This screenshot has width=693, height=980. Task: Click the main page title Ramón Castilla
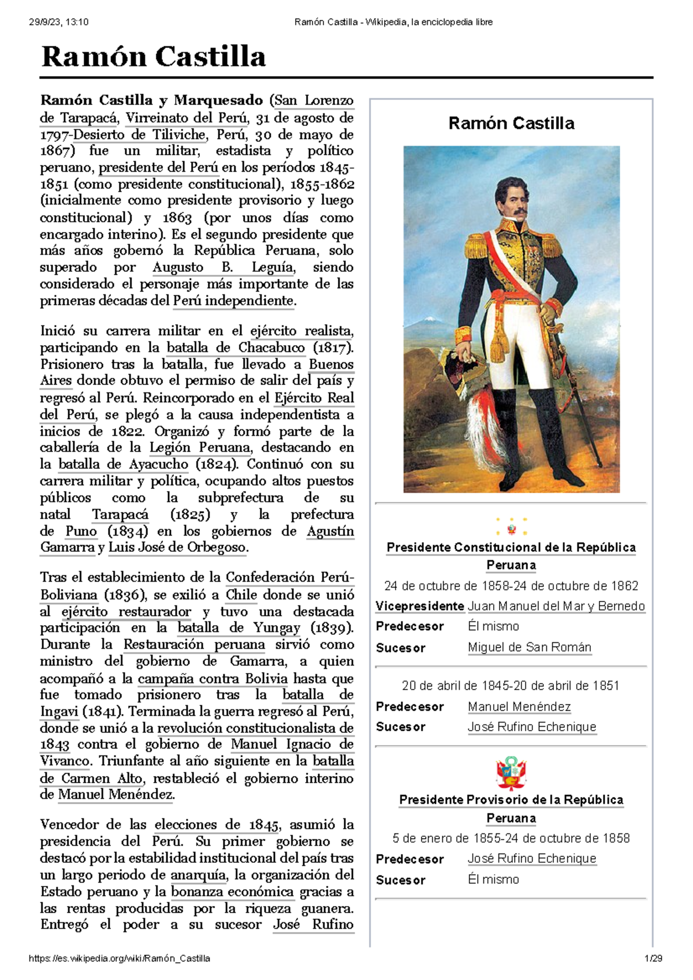[153, 57]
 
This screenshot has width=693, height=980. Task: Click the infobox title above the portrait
[511, 123]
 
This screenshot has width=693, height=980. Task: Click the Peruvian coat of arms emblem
[511, 773]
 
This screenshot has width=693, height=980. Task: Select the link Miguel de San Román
[529, 647]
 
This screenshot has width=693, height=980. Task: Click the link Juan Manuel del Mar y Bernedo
[556, 606]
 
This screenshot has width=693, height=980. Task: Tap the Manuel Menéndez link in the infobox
[519, 706]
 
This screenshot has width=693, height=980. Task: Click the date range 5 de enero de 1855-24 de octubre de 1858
[511, 838]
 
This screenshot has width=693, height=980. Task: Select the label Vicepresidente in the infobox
[419, 606]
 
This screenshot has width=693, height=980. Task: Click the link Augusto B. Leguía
[223, 267]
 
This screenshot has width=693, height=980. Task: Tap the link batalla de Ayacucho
[123, 464]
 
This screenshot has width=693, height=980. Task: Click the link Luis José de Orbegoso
[177, 547]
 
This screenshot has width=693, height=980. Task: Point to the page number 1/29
[653, 959]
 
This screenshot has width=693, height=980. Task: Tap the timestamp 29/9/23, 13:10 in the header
[58, 22]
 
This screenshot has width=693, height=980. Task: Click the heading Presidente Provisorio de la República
[511, 800]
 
